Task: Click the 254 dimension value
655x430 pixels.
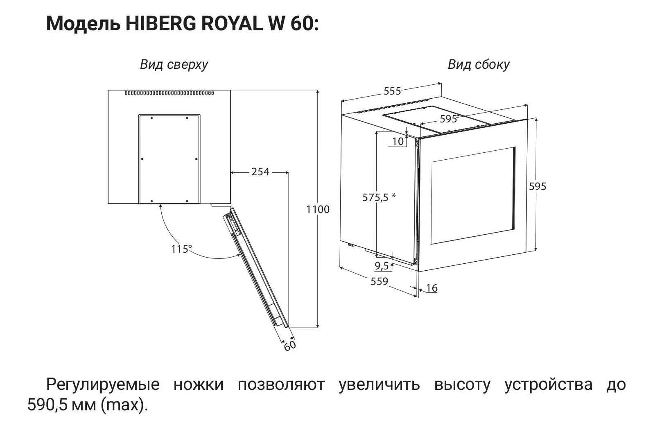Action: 260,172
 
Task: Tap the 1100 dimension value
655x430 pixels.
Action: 318,209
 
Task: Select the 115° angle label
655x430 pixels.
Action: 181,249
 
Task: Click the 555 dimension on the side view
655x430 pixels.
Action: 392,91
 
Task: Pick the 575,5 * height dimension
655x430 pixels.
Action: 379,197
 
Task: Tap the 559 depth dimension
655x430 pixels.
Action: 379,281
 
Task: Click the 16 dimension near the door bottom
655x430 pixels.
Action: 431,288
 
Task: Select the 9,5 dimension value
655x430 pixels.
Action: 382,266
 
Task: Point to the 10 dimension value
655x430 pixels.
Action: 398,142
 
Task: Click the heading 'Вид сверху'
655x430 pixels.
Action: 174,65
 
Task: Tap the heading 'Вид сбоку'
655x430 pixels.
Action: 479,65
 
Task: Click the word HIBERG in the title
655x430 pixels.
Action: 161,24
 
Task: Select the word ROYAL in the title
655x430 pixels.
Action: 232,24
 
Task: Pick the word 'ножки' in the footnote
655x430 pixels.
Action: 199,385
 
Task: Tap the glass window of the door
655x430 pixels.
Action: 473,195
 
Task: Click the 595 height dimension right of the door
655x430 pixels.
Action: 538,187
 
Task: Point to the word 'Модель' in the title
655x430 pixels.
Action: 84,24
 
